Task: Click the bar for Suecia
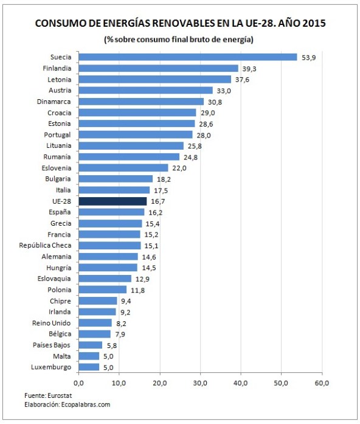coord(187,57)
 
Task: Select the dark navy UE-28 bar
coord(112,201)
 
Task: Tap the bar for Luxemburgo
coord(89,367)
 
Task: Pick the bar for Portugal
coord(135,134)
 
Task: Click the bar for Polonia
coord(102,290)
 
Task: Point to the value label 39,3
coord(247,68)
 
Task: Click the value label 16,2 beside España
coord(154,212)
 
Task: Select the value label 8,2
coord(122,323)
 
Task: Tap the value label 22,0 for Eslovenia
coord(178,168)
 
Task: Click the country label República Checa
coord(45,245)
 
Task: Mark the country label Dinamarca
coord(54,102)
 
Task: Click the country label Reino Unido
coord(52,322)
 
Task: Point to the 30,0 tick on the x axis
coord(200,383)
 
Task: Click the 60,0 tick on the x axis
coord(322,383)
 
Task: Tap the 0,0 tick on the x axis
coord(78,383)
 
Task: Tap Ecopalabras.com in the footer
coord(81,405)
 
